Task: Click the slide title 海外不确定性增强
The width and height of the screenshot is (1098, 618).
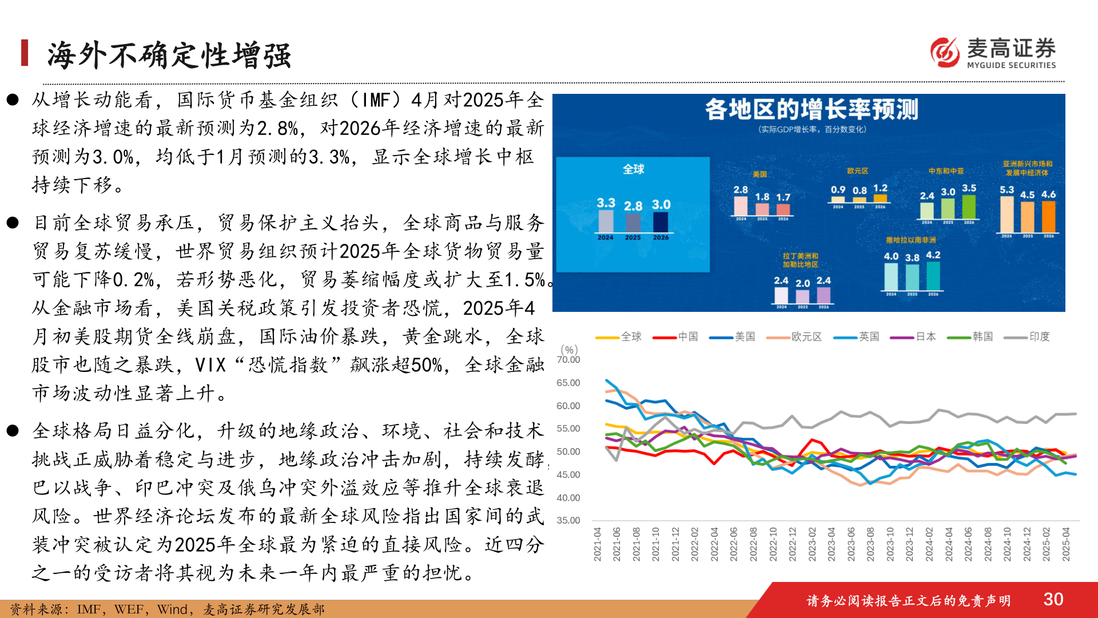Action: (169, 56)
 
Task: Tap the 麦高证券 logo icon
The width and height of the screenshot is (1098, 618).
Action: (945, 52)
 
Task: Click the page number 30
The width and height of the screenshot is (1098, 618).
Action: (1053, 599)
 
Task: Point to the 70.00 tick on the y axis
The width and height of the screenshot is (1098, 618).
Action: (568, 359)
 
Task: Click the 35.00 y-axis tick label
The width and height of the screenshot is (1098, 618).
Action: (568, 520)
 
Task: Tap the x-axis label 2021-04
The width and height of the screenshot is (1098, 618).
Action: (598, 544)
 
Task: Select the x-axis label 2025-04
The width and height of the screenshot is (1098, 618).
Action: (1066, 544)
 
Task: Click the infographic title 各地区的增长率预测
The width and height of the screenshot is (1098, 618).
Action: (811, 109)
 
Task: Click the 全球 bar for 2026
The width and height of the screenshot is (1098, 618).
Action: (661, 222)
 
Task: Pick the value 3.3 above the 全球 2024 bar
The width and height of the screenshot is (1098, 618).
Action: (606, 203)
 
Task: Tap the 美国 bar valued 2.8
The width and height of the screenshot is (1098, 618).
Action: (741, 206)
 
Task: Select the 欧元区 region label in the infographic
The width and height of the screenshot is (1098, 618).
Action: (857, 171)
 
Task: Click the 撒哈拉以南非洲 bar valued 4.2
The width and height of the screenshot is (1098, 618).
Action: (933, 276)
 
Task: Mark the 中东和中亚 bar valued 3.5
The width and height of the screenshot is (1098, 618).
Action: (969, 207)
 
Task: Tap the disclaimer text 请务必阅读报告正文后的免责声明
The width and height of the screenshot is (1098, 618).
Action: (908, 600)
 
